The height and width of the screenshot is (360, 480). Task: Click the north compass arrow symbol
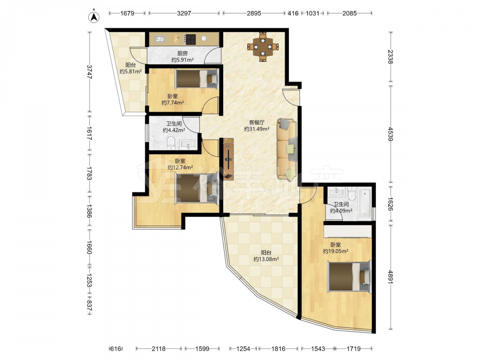(95, 17)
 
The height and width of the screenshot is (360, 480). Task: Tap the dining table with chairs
(263, 47)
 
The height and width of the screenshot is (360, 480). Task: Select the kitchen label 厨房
(182, 53)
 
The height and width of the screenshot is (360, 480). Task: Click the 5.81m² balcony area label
(131, 72)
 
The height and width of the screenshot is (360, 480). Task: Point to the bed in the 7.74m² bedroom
(197, 79)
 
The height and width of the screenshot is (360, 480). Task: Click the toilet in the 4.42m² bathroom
(171, 143)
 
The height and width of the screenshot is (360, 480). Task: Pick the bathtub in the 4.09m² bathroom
(365, 204)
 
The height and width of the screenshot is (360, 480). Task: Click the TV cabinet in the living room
(228, 159)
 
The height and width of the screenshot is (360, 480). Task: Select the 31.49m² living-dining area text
(257, 129)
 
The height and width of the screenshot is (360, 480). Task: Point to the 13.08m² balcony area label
(266, 259)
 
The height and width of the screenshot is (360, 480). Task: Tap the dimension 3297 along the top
(184, 13)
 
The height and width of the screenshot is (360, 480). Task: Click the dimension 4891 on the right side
(390, 277)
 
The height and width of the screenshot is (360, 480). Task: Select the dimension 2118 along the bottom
(158, 348)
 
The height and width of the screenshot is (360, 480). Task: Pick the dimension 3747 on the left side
(89, 72)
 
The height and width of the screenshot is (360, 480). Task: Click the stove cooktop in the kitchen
(190, 39)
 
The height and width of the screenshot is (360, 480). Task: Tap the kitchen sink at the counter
(159, 39)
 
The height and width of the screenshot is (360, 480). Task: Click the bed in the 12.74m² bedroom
(197, 189)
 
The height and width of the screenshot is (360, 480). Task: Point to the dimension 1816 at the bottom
(278, 348)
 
